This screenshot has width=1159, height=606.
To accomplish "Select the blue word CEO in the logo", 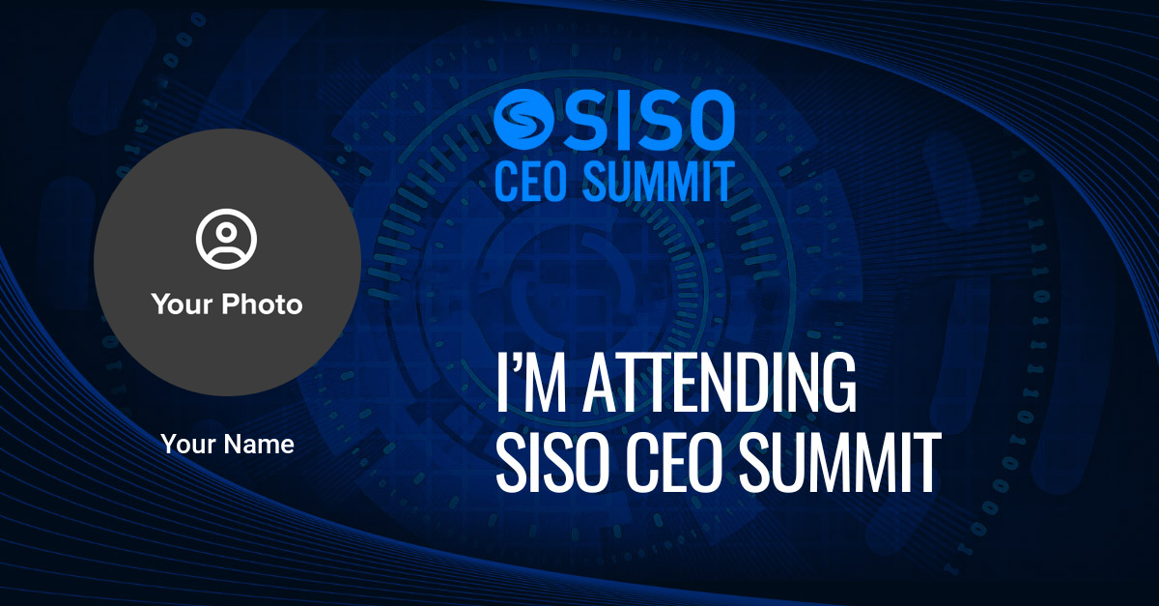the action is (530, 181).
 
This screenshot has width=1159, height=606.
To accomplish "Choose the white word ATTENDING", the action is (721, 384).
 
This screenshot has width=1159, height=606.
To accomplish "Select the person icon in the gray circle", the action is (226, 239).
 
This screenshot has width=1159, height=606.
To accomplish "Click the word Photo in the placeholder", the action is (263, 304).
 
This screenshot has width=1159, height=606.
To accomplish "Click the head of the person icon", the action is (226, 232).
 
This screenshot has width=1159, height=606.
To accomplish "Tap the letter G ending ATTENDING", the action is (839, 384).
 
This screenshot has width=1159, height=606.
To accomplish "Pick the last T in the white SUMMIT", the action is (926, 463).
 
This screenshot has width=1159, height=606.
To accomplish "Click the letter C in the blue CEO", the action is (505, 181).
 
